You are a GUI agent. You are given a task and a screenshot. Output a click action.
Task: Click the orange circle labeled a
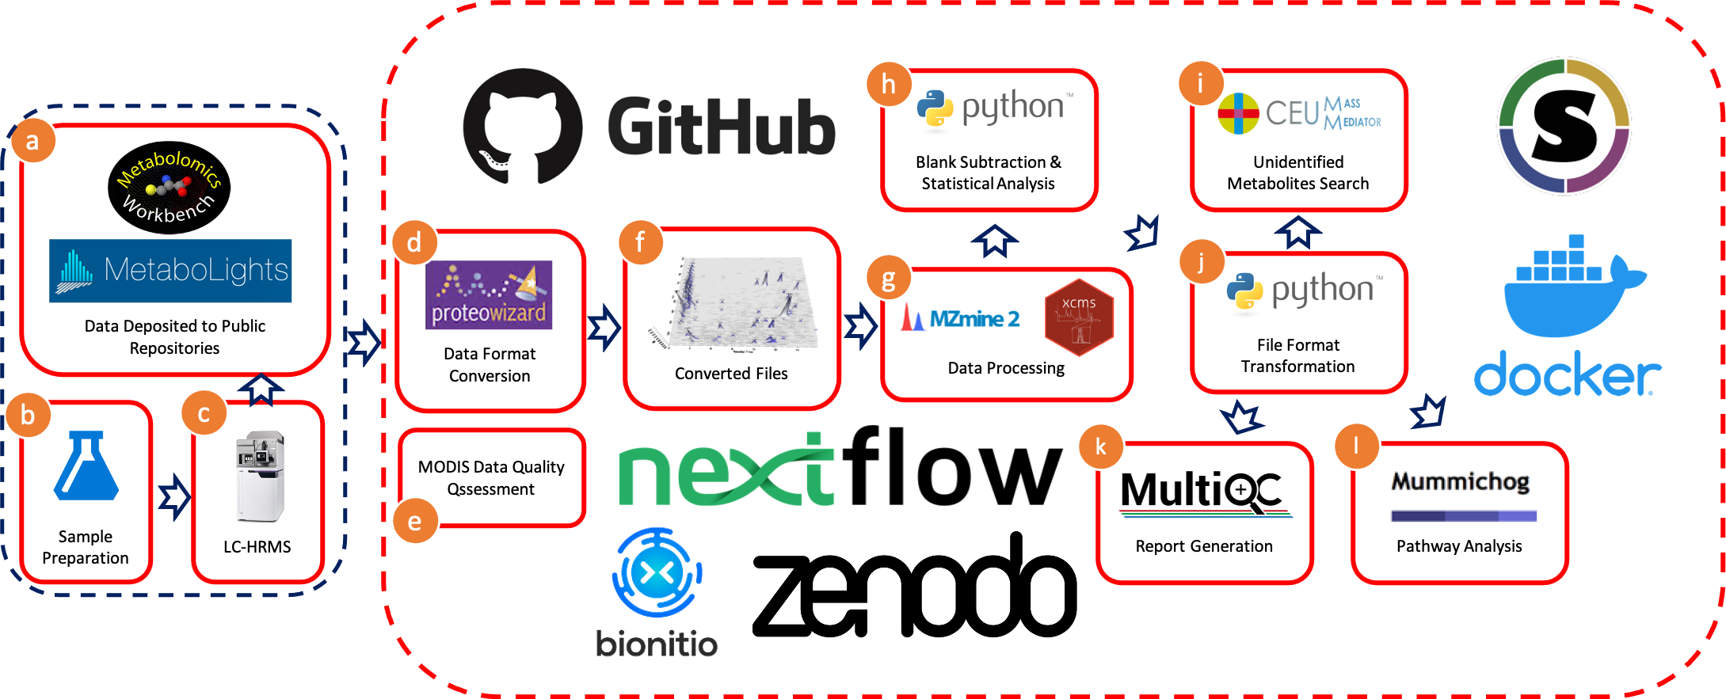click(x=32, y=142)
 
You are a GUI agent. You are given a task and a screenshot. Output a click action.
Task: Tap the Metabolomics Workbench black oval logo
click(x=169, y=188)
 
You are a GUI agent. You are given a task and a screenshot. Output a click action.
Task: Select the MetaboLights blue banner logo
click(x=170, y=271)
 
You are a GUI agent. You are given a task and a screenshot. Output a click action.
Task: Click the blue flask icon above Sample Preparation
click(x=86, y=466)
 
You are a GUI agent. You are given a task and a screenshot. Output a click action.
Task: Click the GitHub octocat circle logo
click(x=523, y=127)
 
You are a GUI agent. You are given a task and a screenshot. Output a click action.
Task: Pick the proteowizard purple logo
click(x=489, y=295)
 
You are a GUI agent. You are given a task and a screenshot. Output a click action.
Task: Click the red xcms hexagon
click(x=1079, y=317)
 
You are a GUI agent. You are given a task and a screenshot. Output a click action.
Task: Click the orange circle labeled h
click(x=888, y=85)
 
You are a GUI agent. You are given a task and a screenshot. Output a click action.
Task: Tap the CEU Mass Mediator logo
click(x=1299, y=112)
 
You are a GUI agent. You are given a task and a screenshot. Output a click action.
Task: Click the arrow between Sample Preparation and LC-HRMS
click(x=173, y=497)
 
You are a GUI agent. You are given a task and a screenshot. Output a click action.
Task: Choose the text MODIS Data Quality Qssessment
click(x=491, y=478)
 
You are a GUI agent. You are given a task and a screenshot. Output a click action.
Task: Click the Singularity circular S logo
click(x=1564, y=126)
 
